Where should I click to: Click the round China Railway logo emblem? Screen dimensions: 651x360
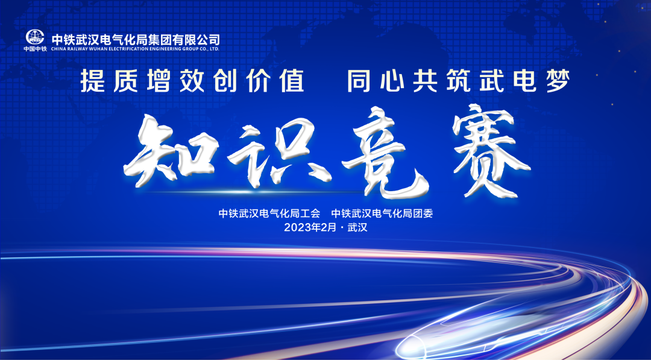click(x=35, y=37)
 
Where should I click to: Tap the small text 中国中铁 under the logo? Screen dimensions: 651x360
click(x=35, y=49)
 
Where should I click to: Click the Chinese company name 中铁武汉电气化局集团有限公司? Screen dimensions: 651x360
click(x=136, y=39)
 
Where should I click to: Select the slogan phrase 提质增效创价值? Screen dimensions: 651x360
click(x=192, y=81)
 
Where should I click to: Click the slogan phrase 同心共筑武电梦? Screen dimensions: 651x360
click(x=458, y=81)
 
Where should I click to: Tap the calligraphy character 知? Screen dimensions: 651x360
click(x=171, y=151)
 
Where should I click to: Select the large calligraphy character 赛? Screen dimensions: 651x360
click(x=490, y=150)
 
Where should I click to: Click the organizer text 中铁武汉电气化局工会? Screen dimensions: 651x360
click(x=269, y=214)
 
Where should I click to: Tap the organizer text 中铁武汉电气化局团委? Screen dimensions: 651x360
click(x=382, y=214)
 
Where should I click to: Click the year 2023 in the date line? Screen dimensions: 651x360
click(x=297, y=227)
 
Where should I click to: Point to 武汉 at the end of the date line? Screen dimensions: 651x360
click(x=357, y=227)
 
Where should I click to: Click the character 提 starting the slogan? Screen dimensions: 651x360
click(x=93, y=81)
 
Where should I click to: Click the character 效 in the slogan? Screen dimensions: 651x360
click(x=192, y=81)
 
